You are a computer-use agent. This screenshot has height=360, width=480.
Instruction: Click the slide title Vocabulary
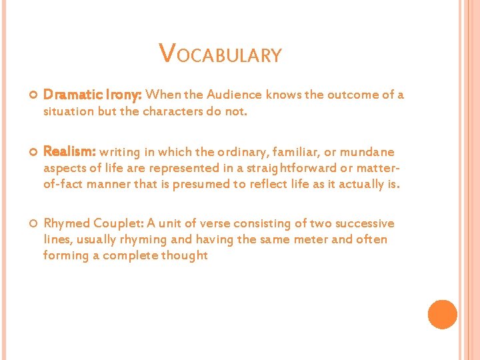(x=220, y=54)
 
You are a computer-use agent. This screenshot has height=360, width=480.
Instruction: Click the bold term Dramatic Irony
(x=93, y=95)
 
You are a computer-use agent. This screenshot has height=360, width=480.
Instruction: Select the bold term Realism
(x=70, y=152)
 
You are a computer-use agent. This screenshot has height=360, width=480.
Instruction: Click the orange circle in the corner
(x=442, y=315)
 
